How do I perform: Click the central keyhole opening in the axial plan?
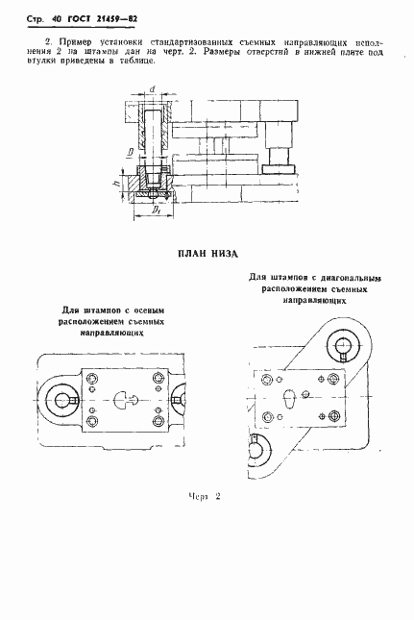click(x=123, y=400)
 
